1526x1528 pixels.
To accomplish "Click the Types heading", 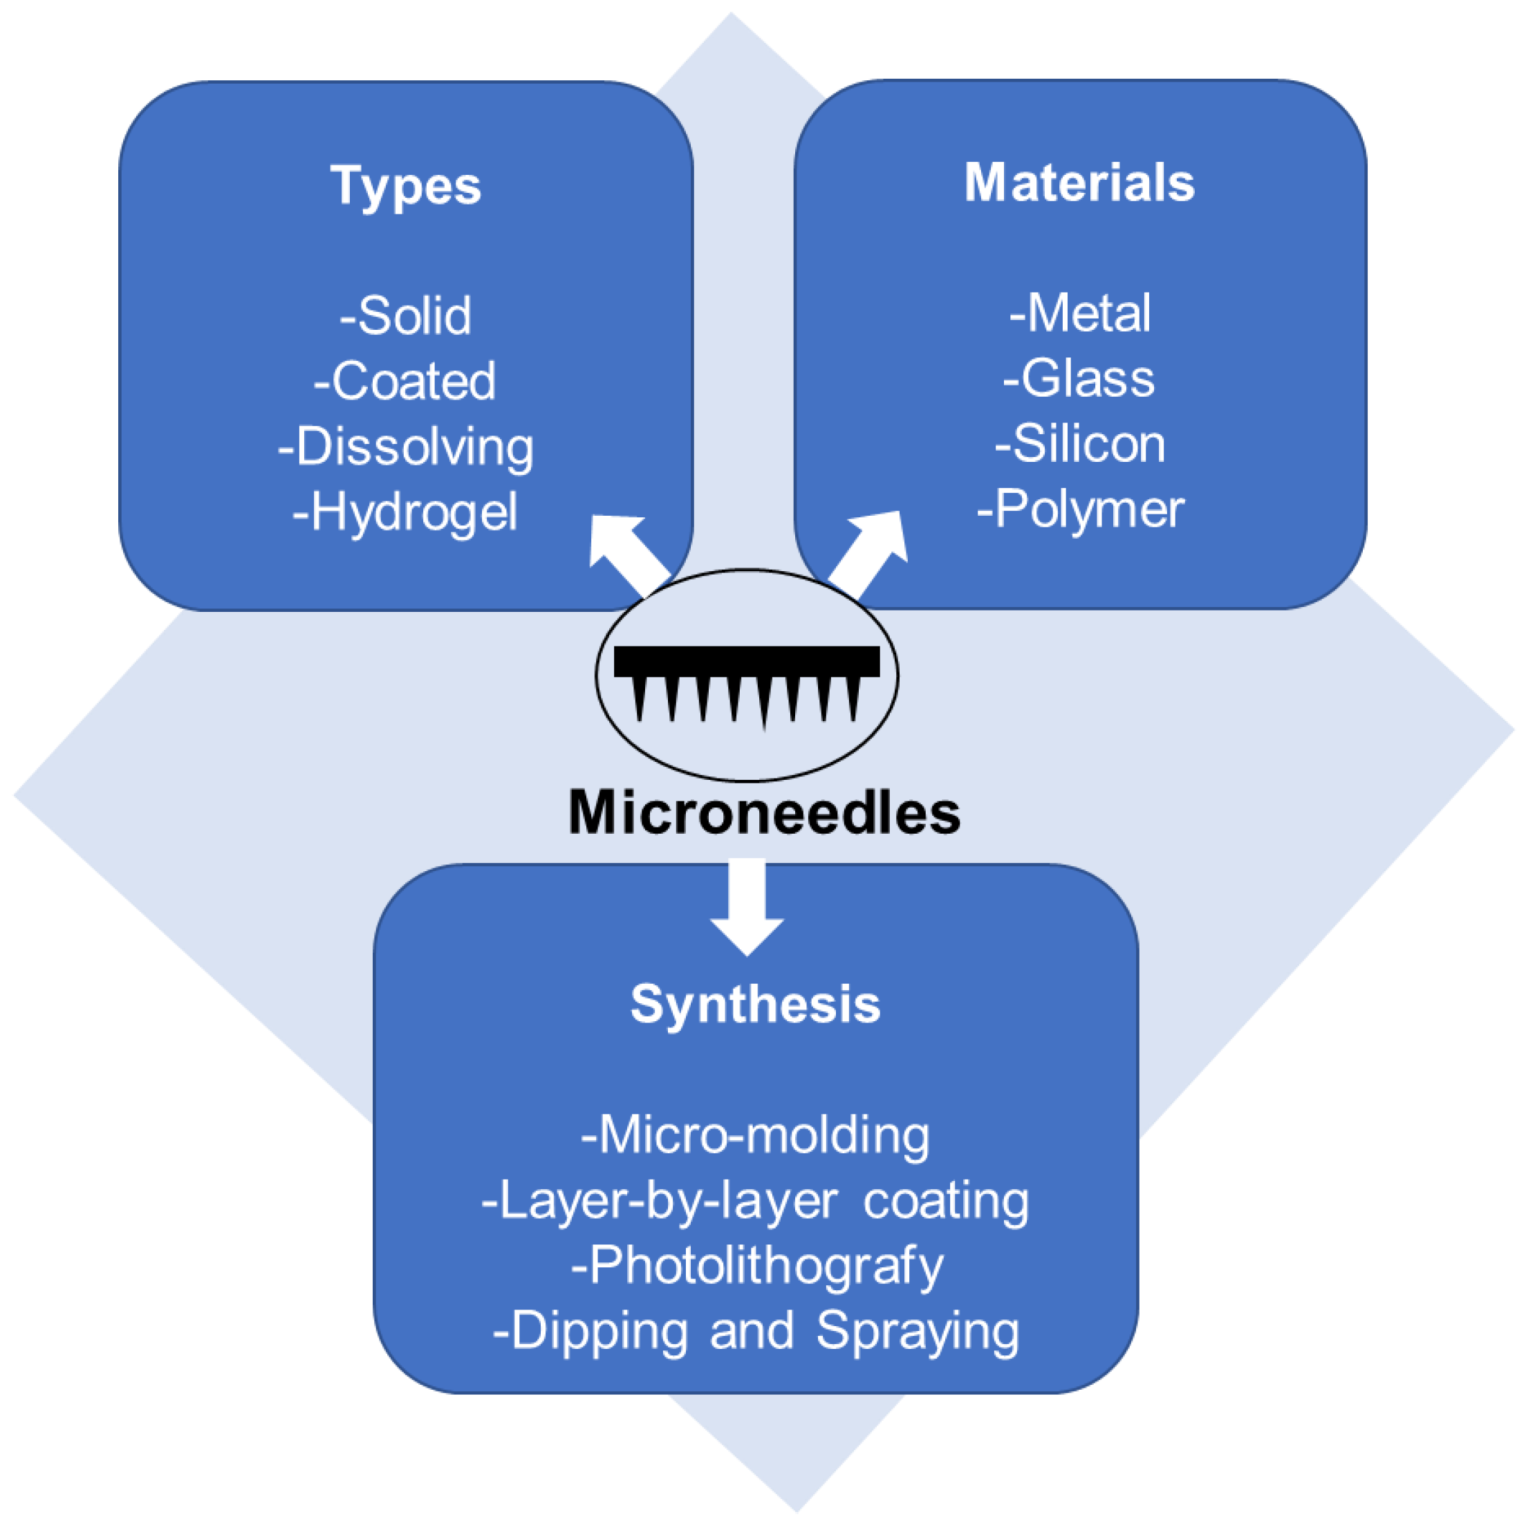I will click(x=405, y=187).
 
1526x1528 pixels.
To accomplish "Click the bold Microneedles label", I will click(x=763, y=812).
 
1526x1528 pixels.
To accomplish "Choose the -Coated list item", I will click(x=405, y=381).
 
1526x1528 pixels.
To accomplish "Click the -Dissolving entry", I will click(x=405, y=447).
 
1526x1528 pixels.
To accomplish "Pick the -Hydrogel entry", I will click(x=405, y=512).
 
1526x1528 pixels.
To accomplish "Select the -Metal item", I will click(x=1079, y=313).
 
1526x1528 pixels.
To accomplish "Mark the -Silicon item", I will click(x=1079, y=444).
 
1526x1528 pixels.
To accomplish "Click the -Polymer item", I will click(x=1080, y=510).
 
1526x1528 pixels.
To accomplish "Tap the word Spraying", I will click(x=917, y=1332).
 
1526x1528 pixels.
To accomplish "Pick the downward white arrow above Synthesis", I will click(x=747, y=905).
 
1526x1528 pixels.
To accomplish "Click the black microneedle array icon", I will click(x=746, y=680).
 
